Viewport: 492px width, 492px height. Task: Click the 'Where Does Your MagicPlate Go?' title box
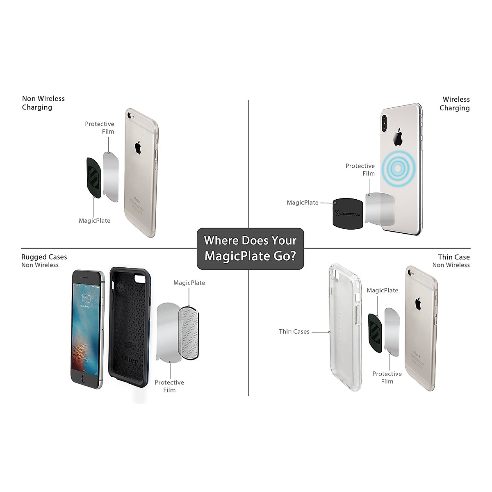point(250,248)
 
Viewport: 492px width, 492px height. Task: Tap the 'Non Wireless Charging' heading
point(43,103)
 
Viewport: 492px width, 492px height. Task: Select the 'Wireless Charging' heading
point(455,104)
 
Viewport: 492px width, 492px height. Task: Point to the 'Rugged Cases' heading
point(44,257)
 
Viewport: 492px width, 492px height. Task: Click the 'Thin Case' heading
point(453,257)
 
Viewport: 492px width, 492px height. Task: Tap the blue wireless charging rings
point(397,167)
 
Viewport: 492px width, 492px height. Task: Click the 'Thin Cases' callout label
point(294,331)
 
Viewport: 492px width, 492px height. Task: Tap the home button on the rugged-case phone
point(86,379)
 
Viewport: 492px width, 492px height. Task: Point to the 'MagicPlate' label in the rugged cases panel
point(189,283)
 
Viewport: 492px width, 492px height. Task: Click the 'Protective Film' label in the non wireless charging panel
point(100,128)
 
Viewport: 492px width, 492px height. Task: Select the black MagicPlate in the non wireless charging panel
point(93,177)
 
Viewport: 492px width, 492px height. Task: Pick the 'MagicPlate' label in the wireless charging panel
point(303,203)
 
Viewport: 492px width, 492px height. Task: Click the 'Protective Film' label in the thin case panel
point(387,377)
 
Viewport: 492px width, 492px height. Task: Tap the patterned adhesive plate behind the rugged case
point(191,334)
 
